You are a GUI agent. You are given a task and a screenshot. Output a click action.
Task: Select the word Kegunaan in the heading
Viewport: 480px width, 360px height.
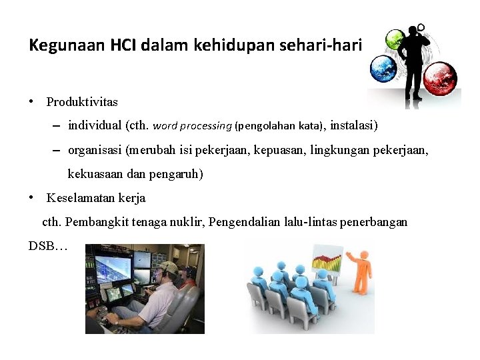tap(54, 45)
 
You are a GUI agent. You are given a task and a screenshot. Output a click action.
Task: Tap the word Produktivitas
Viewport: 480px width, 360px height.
tap(82, 102)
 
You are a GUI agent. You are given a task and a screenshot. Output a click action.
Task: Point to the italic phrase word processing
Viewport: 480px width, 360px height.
tap(193, 125)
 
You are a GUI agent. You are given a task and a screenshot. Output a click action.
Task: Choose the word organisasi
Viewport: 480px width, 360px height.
tap(95, 151)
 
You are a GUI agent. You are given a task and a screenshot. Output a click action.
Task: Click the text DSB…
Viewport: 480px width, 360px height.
tap(48, 246)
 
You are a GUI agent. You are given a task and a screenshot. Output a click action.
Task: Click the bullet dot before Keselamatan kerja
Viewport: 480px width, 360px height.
tap(32, 198)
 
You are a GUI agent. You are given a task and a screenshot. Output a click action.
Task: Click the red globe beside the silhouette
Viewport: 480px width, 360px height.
tap(440, 79)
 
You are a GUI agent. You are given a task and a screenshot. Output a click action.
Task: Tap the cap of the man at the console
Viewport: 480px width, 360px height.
tap(169, 267)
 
